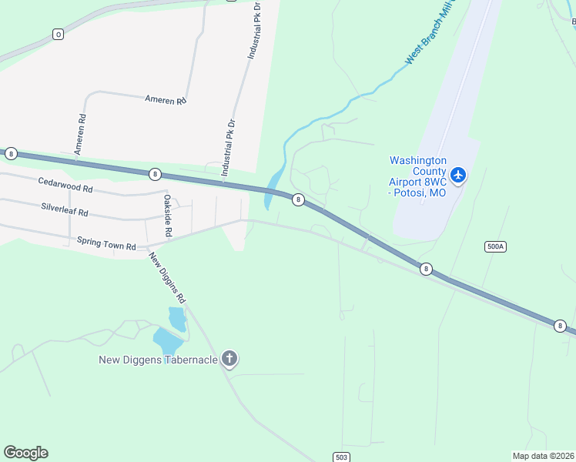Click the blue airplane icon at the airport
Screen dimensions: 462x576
458,176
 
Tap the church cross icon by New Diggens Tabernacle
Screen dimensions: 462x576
229,358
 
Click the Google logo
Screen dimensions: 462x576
25,453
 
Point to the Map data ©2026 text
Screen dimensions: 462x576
543,456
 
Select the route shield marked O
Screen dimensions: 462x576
58,34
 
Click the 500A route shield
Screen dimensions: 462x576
496,246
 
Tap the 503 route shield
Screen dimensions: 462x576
342,457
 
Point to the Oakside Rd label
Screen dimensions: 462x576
167,215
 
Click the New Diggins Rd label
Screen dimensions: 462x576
168,277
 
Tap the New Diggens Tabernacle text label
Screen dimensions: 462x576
159,360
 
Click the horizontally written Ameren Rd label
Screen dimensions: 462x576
166,100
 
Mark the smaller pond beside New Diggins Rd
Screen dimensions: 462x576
177,318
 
